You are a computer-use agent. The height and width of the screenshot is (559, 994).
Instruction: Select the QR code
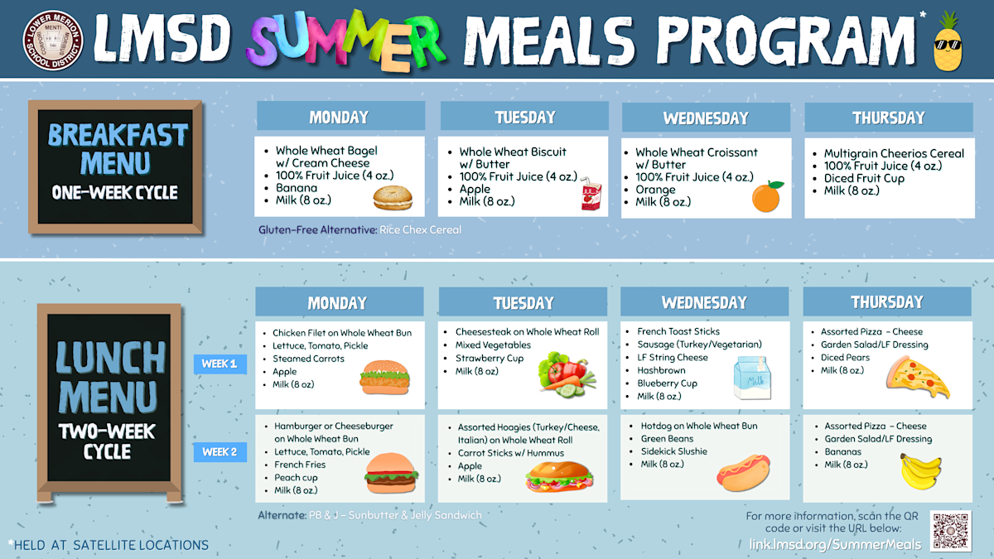(950, 531)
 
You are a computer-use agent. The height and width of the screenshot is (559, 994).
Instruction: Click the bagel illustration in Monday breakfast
(392, 197)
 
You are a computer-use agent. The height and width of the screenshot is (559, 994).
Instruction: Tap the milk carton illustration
(753, 378)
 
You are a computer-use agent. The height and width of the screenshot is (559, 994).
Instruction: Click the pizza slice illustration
(917, 377)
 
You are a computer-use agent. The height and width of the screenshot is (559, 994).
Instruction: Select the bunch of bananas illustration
(920, 470)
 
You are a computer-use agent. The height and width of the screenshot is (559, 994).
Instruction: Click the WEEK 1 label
(220, 364)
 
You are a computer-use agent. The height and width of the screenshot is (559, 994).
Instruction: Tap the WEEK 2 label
(220, 452)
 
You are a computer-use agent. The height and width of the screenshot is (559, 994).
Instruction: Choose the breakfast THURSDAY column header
(888, 118)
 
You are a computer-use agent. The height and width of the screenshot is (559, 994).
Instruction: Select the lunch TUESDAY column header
(523, 302)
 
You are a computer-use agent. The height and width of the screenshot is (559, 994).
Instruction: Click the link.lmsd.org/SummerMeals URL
(835, 544)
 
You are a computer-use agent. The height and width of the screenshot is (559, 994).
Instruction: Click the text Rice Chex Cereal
(421, 229)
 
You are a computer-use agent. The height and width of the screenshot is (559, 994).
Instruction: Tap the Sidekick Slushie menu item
(673, 451)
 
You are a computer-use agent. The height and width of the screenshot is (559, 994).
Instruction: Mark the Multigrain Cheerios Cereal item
(894, 153)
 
